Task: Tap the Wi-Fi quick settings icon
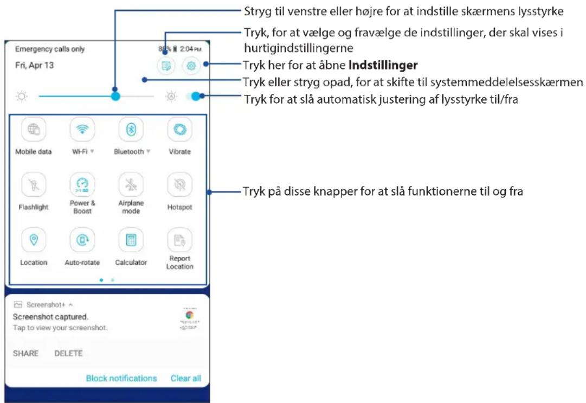[x=82, y=130]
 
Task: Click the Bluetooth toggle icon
[x=131, y=130]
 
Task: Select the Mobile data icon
[x=34, y=130]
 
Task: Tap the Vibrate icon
[x=180, y=130]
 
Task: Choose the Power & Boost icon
[x=82, y=184]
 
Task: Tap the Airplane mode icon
[x=131, y=184]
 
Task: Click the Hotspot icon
[x=180, y=184]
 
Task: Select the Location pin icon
[x=34, y=240]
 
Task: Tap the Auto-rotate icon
[x=82, y=240]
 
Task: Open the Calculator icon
[x=131, y=240]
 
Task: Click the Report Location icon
[x=180, y=240]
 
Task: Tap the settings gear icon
[x=191, y=66]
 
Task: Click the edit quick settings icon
[x=166, y=66]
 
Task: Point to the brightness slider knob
[x=115, y=96]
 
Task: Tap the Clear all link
[x=186, y=379]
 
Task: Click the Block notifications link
[x=121, y=379]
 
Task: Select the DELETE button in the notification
[x=68, y=353]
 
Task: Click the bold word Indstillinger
[x=383, y=66]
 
